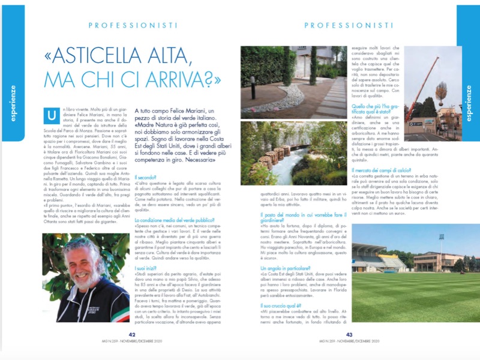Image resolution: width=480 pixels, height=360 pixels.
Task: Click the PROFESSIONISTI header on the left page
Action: tap(133, 25)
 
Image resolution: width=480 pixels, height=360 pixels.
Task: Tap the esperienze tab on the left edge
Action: tap(12, 99)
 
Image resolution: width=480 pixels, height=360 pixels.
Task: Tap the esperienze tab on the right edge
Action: tap(468, 99)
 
